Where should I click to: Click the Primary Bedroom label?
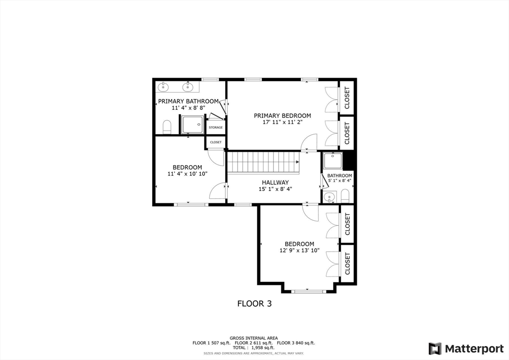point(282,115)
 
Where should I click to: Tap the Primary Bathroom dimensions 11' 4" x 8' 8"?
point(188,108)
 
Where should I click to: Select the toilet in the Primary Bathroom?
point(167,127)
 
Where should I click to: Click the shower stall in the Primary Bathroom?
point(192,125)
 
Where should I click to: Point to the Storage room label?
point(216,128)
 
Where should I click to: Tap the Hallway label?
point(275,182)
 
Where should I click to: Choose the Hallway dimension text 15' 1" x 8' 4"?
point(275,189)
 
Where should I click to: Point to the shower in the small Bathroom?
point(333,161)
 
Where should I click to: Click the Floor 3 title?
point(254,303)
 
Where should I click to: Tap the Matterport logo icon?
point(435,349)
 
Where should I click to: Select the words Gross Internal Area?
point(254,338)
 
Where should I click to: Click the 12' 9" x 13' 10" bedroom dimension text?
point(299,250)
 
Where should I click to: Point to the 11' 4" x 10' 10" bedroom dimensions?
point(187,174)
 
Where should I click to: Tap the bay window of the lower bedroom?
point(309,291)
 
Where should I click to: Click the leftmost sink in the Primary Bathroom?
point(163,87)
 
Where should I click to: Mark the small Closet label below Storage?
point(216,142)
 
